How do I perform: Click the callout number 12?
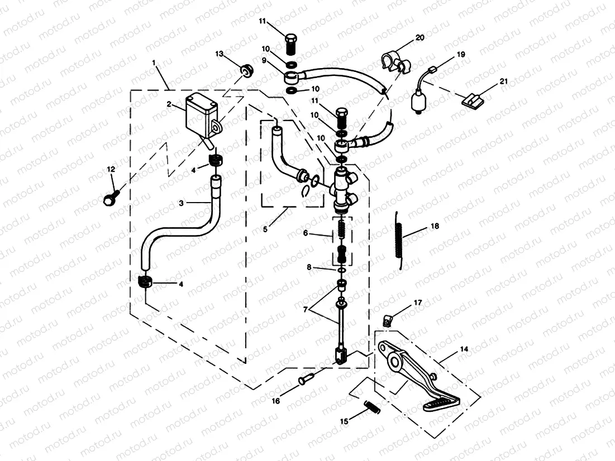111,169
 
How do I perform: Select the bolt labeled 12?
109,198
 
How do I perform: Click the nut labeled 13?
246,71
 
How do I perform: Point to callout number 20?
419,38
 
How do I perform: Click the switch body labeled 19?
418,103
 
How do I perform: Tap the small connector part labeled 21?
471,100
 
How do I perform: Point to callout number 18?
435,226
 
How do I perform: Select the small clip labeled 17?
386,320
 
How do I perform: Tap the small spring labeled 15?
370,407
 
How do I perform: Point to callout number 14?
464,349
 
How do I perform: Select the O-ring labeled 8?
341,272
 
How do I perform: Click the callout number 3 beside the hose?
181,203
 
